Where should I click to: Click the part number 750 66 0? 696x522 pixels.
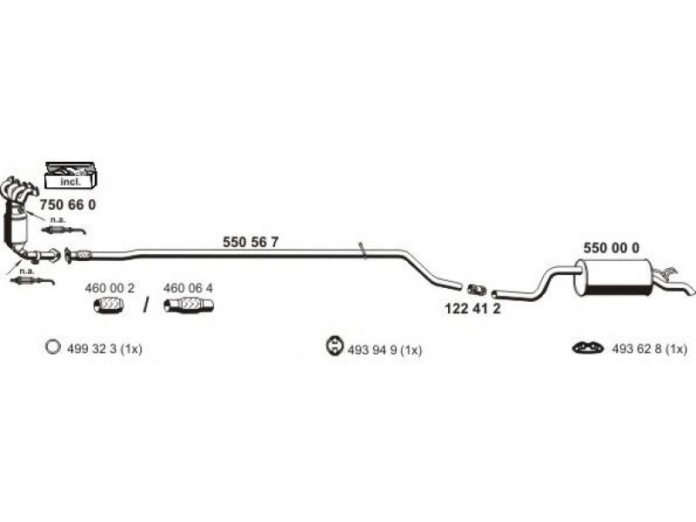pos(68,204)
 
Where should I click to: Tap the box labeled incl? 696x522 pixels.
pos(69,177)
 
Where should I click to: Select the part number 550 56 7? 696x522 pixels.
pos(251,243)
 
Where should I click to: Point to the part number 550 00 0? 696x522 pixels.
pos(611,247)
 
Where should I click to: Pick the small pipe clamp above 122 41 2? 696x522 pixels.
pos(476,289)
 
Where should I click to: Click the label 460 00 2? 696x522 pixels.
pos(109,287)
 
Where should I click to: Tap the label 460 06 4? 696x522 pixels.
pos(188,287)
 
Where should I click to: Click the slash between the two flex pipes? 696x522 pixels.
pos(146,304)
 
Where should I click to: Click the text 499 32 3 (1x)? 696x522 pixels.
pos(104,349)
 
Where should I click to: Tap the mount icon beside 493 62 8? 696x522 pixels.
pos(587,349)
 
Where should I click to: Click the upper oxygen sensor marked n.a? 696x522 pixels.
pos(77,230)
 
